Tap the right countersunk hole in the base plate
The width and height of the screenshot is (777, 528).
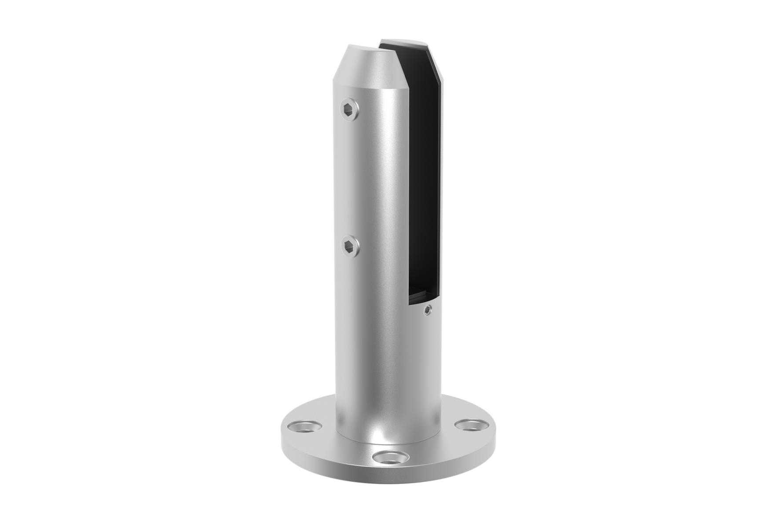469,425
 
